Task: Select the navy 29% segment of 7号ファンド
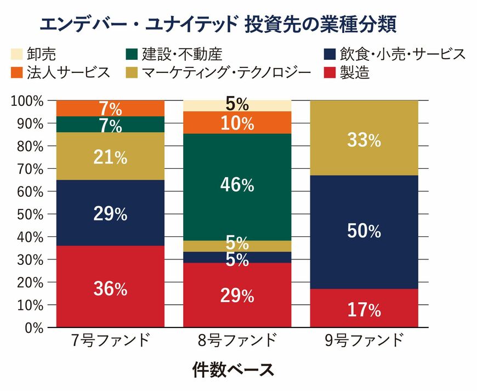click(x=110, y=213)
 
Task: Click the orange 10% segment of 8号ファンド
click(x=237, y=122)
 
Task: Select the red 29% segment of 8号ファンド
click(x=237, y=295)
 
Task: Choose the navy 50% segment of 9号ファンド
click(x=364, y=232)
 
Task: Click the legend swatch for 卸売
click(x=18, y=54)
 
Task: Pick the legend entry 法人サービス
click(x=60, y=72)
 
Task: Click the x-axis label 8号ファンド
click(x=237, y=341)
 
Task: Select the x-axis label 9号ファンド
click(x=364, y=341)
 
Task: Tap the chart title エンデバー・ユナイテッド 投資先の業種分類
click(x=218, y=24)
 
